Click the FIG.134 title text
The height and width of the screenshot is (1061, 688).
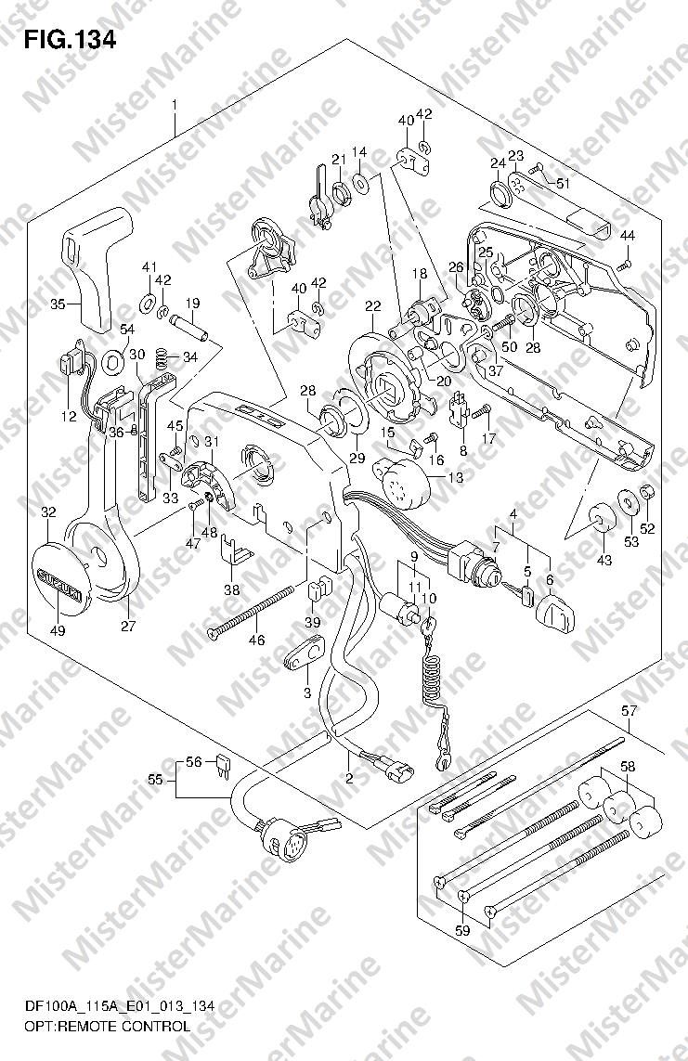point(71,39)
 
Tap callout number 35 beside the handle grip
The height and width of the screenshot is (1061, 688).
point(58,304)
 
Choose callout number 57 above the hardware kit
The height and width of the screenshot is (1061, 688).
point(629,711)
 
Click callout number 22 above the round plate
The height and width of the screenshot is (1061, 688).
point(372,307)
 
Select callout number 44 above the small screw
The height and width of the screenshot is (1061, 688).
point(628,235)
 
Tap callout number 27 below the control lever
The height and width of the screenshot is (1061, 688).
point(127,626)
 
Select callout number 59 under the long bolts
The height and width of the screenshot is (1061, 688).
point(462,930)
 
